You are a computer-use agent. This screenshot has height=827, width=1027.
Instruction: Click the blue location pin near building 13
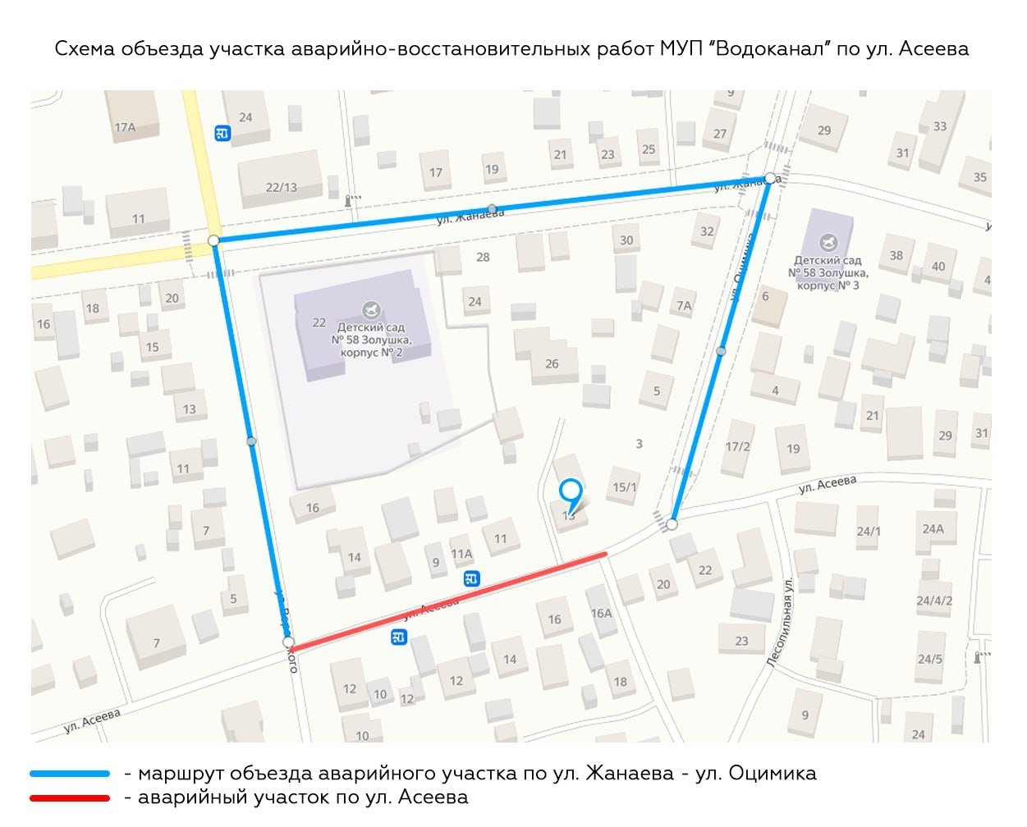pos(571,492)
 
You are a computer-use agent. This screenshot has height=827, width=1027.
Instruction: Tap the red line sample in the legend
pos(70,797)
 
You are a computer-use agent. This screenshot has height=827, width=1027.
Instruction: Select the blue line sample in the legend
pos(70,774)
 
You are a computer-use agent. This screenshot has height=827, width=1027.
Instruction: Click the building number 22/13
pos(282,187)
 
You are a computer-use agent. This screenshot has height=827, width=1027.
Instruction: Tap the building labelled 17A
pos(126,127)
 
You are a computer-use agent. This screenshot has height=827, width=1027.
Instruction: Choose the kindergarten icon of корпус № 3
pos(828,243)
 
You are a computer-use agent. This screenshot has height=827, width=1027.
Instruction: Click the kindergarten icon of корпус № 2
pos(371,310)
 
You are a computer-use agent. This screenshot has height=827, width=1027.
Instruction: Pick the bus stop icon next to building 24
pos(222,133)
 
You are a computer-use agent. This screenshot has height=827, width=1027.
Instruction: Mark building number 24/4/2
pos(934,601)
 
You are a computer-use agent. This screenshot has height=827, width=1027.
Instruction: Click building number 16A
pos(601,613)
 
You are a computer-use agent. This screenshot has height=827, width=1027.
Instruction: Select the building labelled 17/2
pos(737,446)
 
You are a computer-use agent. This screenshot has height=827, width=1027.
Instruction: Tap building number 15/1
pos(624,487)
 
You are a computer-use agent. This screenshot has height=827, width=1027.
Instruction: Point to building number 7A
pos(684,305)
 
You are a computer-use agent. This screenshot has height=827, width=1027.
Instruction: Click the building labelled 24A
pos(933,528)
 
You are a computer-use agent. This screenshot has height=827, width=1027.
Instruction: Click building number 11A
pos(461,554)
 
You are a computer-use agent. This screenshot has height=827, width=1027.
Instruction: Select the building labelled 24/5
pos(930,659)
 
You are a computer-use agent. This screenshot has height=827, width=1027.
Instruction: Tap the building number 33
pos(940,126)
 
